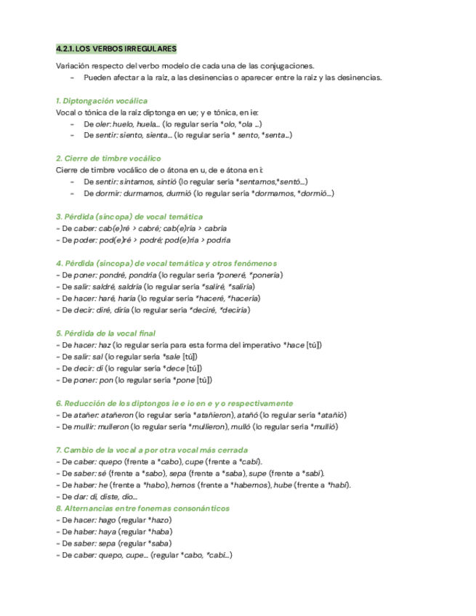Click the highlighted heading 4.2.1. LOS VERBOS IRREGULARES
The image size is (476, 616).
pos(116,49)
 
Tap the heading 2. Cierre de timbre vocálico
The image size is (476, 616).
pos(108,158)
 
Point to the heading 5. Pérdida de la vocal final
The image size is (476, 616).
pos(105,333)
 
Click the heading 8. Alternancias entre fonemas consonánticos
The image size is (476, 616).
pos(142,508)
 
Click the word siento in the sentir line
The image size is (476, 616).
pos(132,135)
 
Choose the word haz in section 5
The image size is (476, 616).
pos(104,345)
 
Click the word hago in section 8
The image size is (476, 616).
pos(107,520)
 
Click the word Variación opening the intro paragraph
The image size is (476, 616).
pos(71,65)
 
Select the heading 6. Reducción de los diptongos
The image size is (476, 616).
pos(174,403)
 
